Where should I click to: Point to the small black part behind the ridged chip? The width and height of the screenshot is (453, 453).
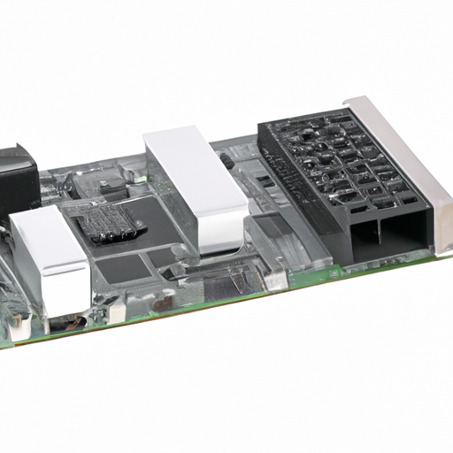tap(110, 186)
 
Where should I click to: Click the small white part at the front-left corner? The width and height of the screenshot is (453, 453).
tap(115, 311)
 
